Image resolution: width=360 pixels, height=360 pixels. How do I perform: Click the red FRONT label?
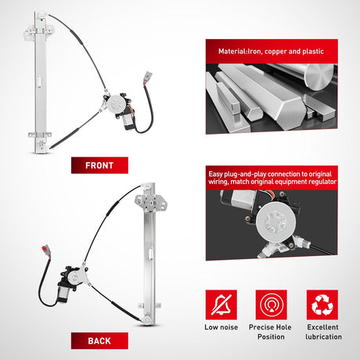(x=99, y=165)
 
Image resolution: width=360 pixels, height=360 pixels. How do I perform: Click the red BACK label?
(x=99, y=340)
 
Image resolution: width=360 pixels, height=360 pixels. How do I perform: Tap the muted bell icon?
(x=221, y=304)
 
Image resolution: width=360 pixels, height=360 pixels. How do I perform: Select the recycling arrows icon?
(x=322, y=304)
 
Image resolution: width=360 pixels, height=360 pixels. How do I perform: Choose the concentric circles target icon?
(x=272, y=304)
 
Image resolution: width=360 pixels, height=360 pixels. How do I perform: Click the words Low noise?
(x=221, y=327)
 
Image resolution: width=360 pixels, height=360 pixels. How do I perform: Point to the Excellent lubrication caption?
(x=323, y=332)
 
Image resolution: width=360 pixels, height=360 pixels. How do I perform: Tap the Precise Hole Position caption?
(x=270, y=332)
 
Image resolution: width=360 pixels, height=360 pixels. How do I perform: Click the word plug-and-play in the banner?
(x=245, y=174)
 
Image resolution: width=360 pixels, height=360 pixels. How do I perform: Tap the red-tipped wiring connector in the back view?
(x=46, y=250)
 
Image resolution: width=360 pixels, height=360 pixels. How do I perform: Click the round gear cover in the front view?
(x=115, y=104)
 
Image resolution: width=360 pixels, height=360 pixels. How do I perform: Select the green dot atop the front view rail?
(x=41, y=20)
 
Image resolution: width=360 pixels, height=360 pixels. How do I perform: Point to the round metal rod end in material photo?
(x=319, y=77)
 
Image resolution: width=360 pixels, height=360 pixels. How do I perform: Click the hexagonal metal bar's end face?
(x=291, y=111)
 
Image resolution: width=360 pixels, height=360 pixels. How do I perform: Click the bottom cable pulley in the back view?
(x=147, y=320)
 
